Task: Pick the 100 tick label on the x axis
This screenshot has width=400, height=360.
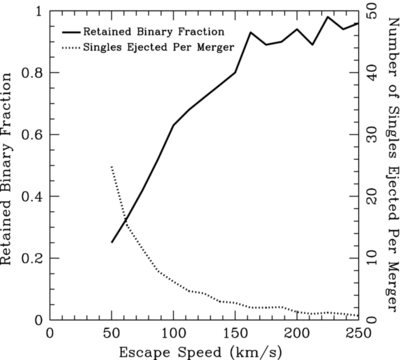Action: [173, 331]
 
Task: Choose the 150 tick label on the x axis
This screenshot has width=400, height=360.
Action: [235, 331]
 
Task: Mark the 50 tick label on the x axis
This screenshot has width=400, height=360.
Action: [111, 331]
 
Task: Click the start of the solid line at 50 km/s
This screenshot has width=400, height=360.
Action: [111, 242]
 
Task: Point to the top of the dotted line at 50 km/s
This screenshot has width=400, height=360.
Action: [111, 167]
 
